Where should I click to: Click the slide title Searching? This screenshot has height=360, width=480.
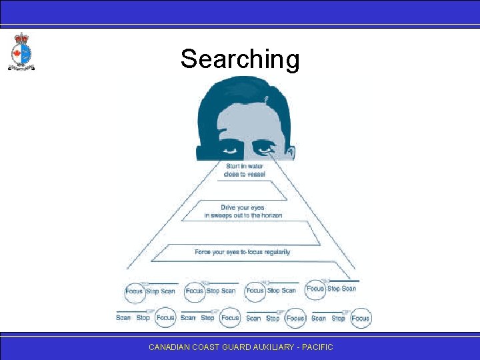pyautogui.click(x=240, y=59)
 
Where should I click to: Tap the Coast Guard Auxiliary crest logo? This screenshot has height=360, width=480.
pyautogui.click(x=21, y=51)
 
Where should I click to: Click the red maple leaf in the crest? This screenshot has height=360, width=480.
pyautogui.click(x=17, y=53)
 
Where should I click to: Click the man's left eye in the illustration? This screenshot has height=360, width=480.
pyautogui.click(x=265, y=149)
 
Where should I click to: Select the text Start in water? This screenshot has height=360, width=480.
pyautogui.click(x=244, y=166)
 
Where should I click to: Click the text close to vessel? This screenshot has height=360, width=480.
pyautogui.click(x=244, y=174)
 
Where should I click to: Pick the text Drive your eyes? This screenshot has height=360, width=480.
pyautogui.click(x=243, y=207)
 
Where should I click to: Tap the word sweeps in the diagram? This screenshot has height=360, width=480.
pyautogui.click(x=223, y=215)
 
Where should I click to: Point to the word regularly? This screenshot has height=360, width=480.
pyautogui.click(x=275, y=252)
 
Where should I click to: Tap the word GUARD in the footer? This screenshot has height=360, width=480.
pyautogui.click(x=242, y=347)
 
